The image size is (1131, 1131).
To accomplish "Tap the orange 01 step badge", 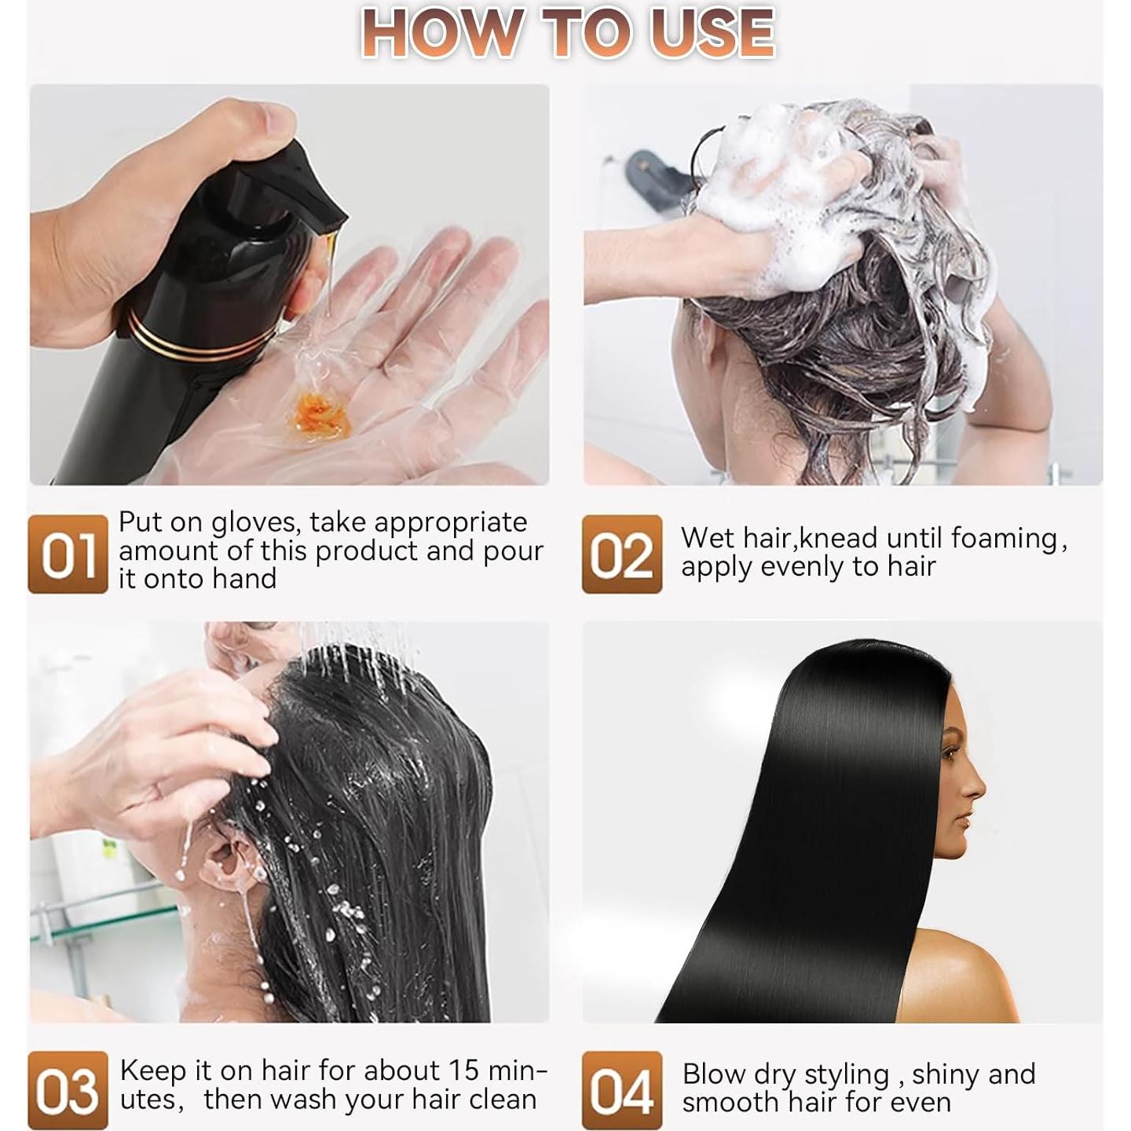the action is point(68,554).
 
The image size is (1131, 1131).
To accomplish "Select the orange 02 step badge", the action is point(621,554).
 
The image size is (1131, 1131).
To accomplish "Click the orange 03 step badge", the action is point(68,1090).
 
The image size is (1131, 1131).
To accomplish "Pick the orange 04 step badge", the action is point(621,1090).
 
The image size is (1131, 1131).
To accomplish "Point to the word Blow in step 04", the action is point(714,1074).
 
